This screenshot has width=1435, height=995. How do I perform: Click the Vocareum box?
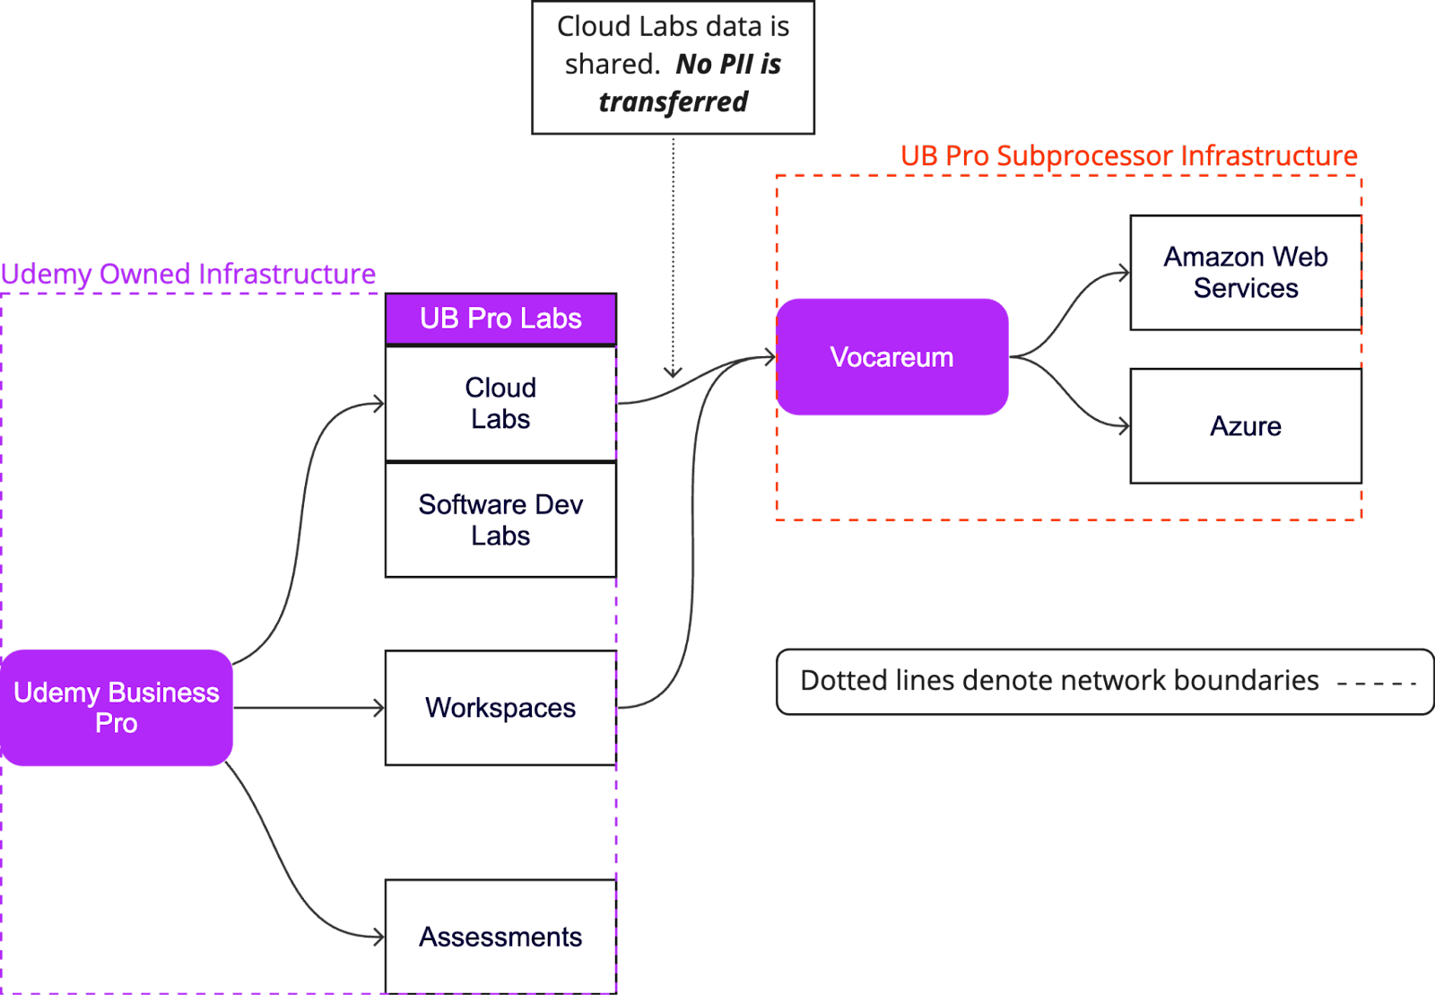[x=891, y=357]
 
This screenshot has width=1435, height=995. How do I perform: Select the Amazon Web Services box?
[x=1245, y=273]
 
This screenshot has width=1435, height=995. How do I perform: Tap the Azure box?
[x=1245, y=426]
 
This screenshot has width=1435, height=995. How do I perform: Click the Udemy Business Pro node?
[x=117, y=708]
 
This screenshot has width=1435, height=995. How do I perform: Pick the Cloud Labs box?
[x=500, y=404]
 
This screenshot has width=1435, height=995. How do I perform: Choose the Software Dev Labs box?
[x=500, y=519]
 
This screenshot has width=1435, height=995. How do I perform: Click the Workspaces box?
[x=500, y=708]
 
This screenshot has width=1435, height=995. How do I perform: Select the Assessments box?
[x=500, y=937]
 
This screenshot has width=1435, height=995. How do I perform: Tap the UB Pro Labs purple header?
[x=500, y=319]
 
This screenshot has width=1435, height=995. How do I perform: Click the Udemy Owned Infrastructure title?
[x=187, y=275]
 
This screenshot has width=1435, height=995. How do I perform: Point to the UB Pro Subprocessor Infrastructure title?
[x=1128, y=156]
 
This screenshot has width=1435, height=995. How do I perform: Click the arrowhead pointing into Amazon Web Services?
[x=1125, y=274]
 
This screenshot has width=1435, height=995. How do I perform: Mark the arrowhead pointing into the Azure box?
[x=1125, y=426]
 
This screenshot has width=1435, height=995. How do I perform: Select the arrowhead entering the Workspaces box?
[x=379, y=709]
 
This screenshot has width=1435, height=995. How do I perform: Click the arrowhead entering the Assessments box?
[x=379, y=937]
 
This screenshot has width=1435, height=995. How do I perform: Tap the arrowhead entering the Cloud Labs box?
[x=379, y=405]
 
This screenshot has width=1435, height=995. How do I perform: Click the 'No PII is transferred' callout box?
[x=673, y=67]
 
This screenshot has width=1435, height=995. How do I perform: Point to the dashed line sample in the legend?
[x=1376, y=684]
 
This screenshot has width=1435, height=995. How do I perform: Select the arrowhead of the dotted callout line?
[x=673, y=371]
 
